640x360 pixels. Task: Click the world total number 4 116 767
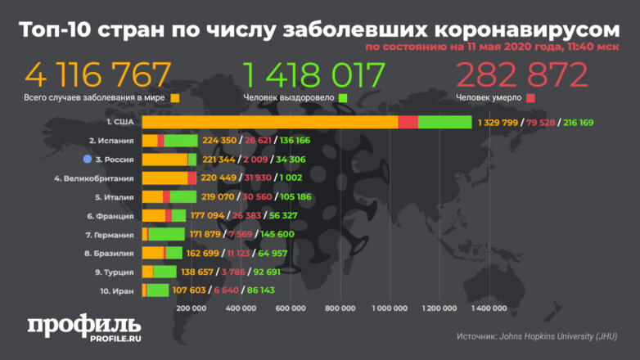[x=98, y=74]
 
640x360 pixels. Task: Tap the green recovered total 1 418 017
[x=314, y=74]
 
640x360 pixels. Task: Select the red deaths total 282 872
[x=522, y=74]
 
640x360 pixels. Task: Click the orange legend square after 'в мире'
[x=174, y=98]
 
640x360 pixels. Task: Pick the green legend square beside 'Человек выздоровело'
[x=343, y=98]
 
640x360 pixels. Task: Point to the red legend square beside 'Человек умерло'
[x=531, y=98]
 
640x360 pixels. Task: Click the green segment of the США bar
[x=444, y=122]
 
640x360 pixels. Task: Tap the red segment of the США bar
[x=408, y=122]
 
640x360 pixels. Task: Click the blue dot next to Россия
[x=87, y=159]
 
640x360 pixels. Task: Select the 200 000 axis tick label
[x=191, y=308]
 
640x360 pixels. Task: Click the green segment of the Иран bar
[x=158, y=290]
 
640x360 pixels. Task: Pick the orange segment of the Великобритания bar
[x=165, y=178]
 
